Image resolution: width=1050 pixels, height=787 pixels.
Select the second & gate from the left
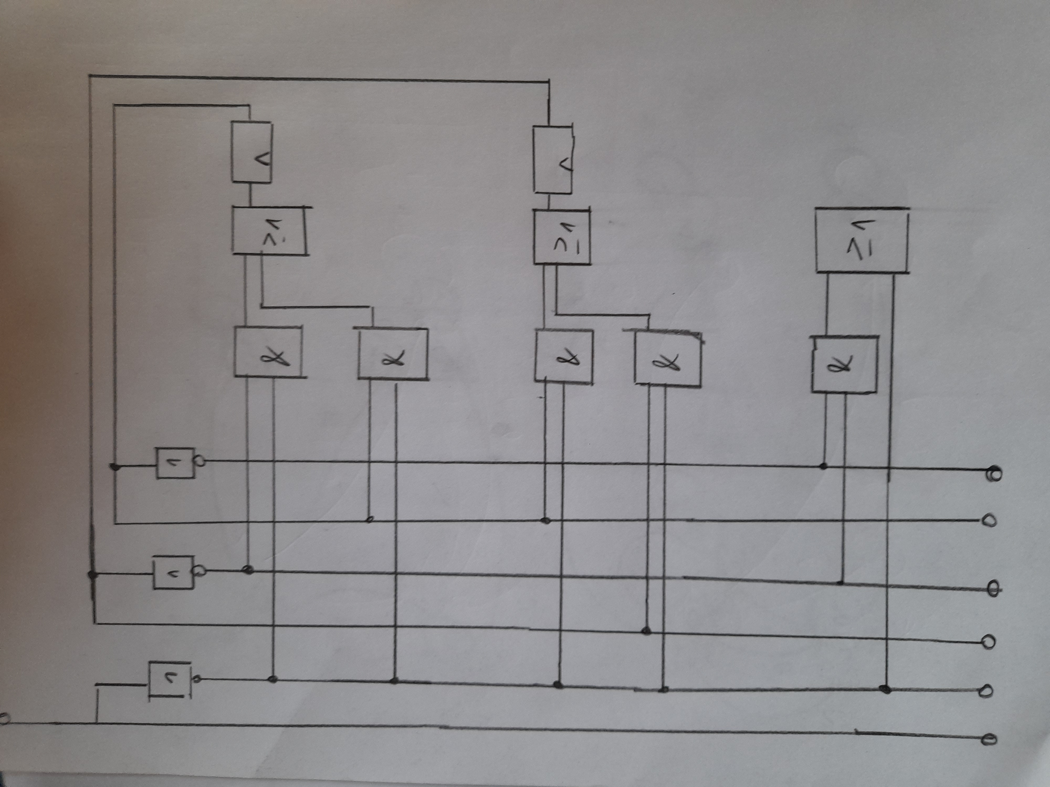point(392,354)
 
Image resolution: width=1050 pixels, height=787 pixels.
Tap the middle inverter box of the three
point(173,573)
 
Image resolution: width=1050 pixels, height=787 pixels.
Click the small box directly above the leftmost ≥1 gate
point(251,152)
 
